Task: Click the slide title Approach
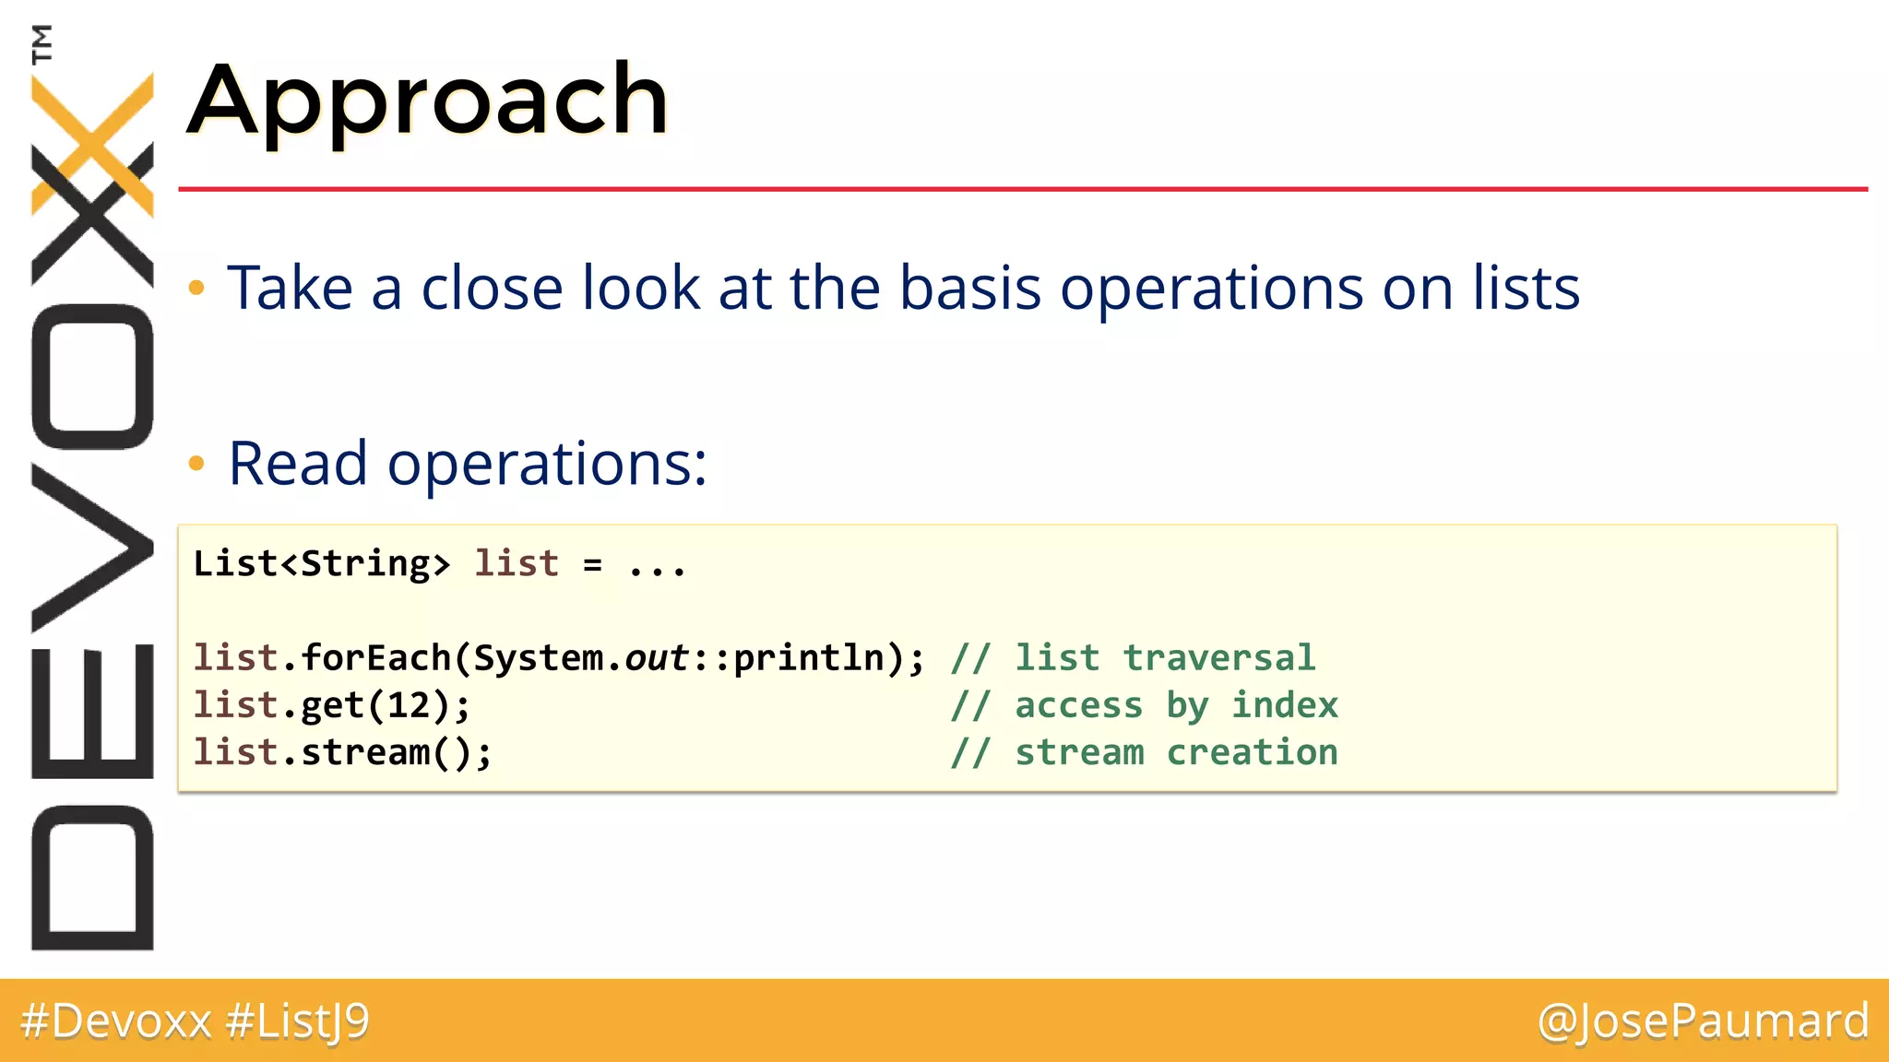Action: pos(428,100)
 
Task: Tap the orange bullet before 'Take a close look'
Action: pos(196,289)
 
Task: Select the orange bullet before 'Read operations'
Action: pos(196,463)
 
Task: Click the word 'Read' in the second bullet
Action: pos(298,463)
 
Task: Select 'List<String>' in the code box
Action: pos(321,563)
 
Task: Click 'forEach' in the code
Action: pos(375,658)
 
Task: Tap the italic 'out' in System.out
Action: pos(657,658)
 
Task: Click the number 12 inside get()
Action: pos(408,706)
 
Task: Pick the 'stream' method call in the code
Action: pos(364,753)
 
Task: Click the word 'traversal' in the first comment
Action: pos(1218,658)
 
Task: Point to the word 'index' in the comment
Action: pos(1285,706)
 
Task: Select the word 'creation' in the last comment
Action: pos(1252,753)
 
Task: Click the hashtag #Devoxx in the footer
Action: pos(116,1021)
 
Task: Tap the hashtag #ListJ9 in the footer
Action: pos(297,1021)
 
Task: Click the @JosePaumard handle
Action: pos(1703,1021)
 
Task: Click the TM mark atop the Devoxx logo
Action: pos(42,43)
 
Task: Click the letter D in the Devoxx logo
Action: pos(92,877)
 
